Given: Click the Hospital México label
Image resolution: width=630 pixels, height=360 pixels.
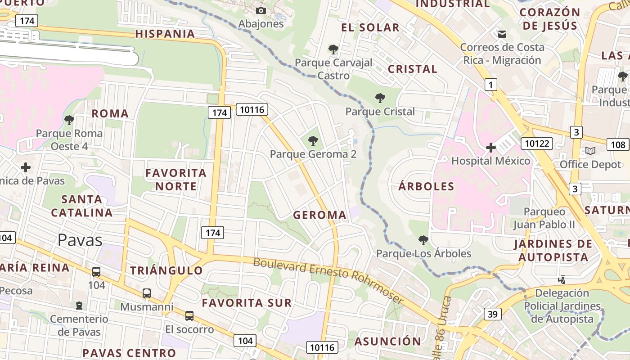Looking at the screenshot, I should [490, 161].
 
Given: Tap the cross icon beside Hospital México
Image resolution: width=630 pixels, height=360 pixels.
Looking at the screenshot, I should [490, 147].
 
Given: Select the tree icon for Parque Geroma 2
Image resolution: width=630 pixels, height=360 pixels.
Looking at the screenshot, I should [313, 141].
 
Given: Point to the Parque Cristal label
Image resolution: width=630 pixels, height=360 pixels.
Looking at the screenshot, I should [380, 111].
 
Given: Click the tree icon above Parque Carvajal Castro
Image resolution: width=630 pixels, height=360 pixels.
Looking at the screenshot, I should [333, 49].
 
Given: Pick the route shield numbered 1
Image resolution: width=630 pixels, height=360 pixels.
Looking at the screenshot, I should [490, 84].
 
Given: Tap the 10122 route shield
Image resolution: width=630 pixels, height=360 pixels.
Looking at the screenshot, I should [536, 144].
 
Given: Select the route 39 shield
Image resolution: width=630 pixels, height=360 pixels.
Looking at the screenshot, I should [493, 314].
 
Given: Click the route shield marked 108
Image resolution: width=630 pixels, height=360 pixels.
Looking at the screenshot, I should [618, 144].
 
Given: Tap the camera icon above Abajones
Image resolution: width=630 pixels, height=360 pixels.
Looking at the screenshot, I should [261, 10].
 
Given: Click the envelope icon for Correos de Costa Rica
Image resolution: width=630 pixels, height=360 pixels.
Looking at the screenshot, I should [502, 34].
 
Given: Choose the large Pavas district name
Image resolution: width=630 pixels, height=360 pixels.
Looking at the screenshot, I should [80, 240].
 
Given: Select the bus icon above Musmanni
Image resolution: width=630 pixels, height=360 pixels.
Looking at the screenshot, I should [147, 293].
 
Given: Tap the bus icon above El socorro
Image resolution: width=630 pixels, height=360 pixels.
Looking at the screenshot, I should [189, 315].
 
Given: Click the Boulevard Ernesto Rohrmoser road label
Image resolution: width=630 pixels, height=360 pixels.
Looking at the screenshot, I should [328, 279].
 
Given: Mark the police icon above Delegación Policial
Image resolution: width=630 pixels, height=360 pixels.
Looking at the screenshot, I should [562, 280].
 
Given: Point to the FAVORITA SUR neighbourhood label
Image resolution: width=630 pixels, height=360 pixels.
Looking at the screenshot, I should [247, 302].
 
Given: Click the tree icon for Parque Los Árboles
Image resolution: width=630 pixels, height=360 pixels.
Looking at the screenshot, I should [423, 240].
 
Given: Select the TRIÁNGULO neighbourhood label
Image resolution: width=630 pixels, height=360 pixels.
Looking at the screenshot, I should [166, 270].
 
